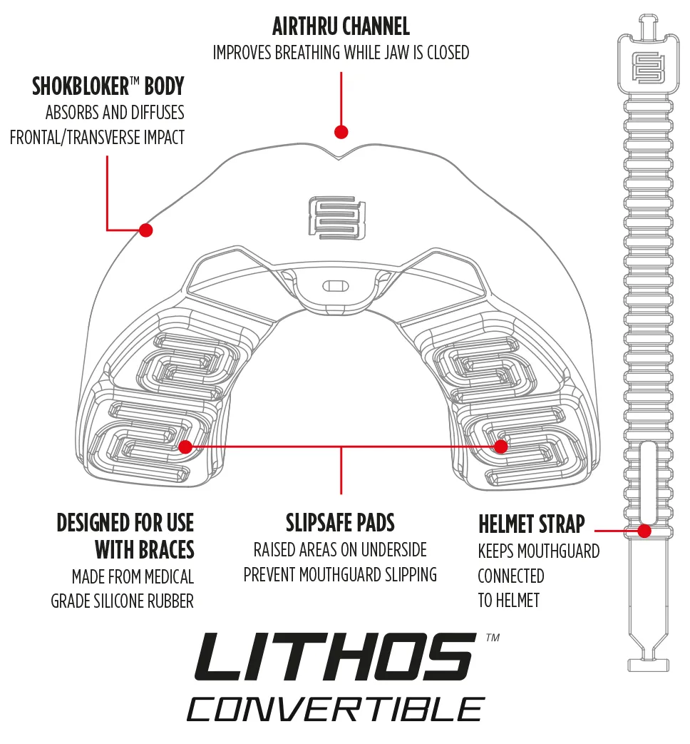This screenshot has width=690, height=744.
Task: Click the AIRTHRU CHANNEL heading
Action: pyautogui.click(x=341, y=27)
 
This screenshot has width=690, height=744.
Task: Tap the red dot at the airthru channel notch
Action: pyautogui.click(x=341, y=132)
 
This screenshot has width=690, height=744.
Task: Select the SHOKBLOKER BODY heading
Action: pyautogui.click(x=108, y=86)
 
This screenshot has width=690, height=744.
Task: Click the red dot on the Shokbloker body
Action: pyautogui.click(x=146, y=230)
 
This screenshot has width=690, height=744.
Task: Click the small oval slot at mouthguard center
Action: pyautogui.click(x=335, y=286)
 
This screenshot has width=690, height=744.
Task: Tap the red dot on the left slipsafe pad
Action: pyautogui.click(x=185, y=447)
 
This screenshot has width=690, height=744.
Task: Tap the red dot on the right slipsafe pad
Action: pyautogui.click(x=501, y=447)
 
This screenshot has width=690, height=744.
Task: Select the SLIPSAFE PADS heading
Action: pyautogui.click(x=340, y=523)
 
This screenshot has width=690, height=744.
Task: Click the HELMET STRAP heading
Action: pyautogui.click(x=531, y=525)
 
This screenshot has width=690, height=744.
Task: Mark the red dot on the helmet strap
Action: pyautogui.click(x=644, y=531)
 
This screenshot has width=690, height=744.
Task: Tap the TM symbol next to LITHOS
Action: pyautogui.click(x=492, y=638)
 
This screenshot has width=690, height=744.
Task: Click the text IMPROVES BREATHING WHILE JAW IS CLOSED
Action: pyautogui.click(x=341, y=53)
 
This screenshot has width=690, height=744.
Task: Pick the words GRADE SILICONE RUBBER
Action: pyautogui.click(x=122, y=601)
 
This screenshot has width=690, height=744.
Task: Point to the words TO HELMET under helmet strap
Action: pyautogui.click(x=508, y=601)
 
